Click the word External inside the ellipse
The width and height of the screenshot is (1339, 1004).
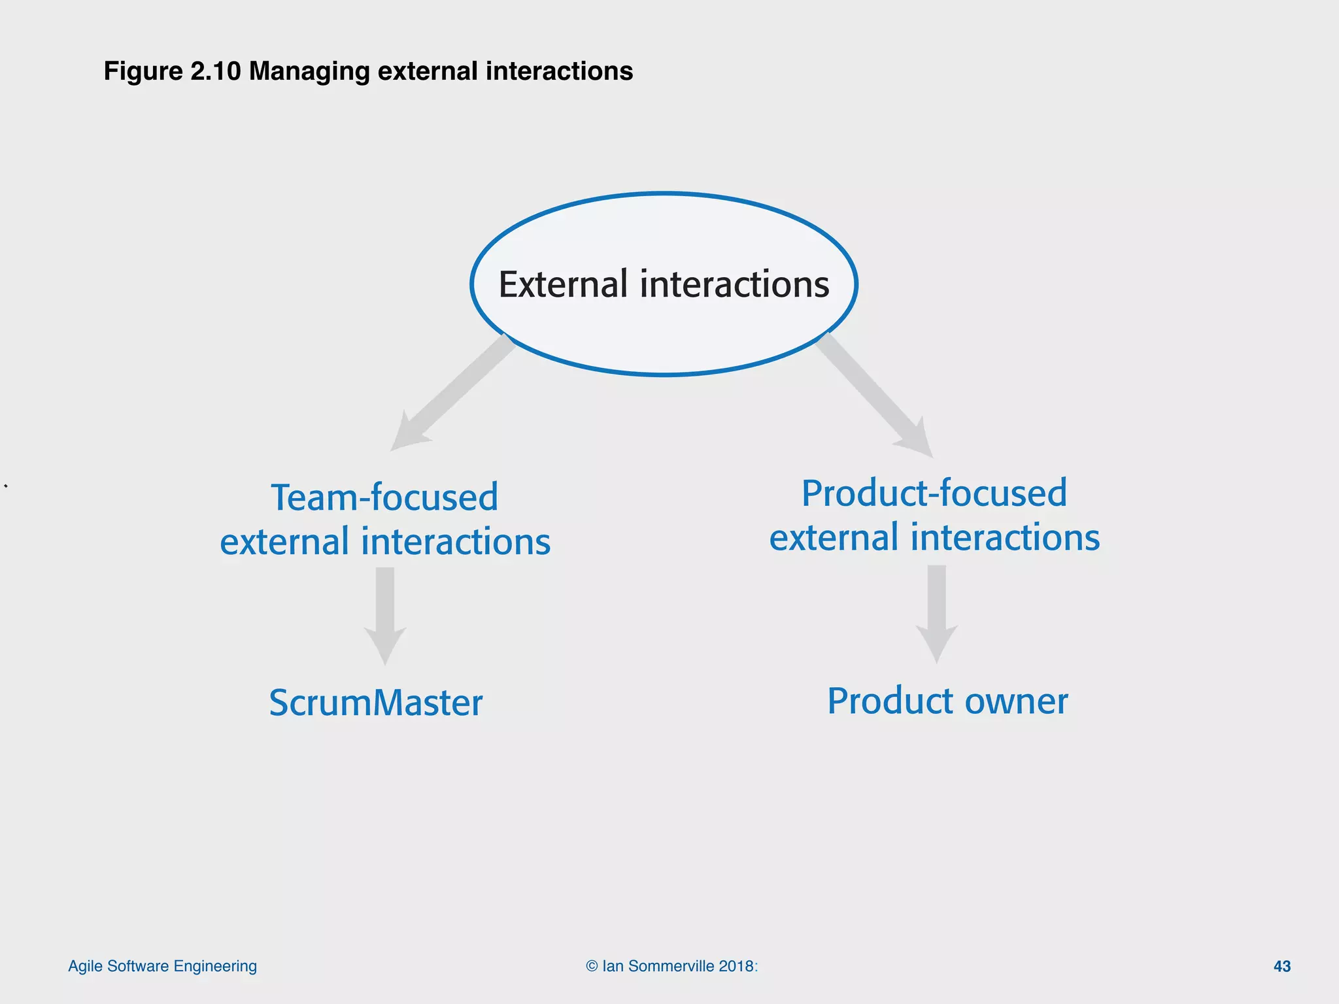(562, 284)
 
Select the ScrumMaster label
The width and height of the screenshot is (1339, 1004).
(376, 703)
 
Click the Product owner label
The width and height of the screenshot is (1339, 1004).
(947, 701)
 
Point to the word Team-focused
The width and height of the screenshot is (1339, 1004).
(384, 497)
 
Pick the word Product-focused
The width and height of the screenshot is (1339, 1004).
(934, 493)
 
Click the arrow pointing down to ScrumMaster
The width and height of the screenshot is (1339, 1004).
(385, 614)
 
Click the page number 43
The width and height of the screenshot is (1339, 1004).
(1281, 966)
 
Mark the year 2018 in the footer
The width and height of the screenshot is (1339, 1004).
(736, 966)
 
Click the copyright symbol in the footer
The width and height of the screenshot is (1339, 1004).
(592, 966)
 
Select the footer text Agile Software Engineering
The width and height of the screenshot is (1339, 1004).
(162, 966)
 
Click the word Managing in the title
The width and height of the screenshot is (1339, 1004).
(309, 71)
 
